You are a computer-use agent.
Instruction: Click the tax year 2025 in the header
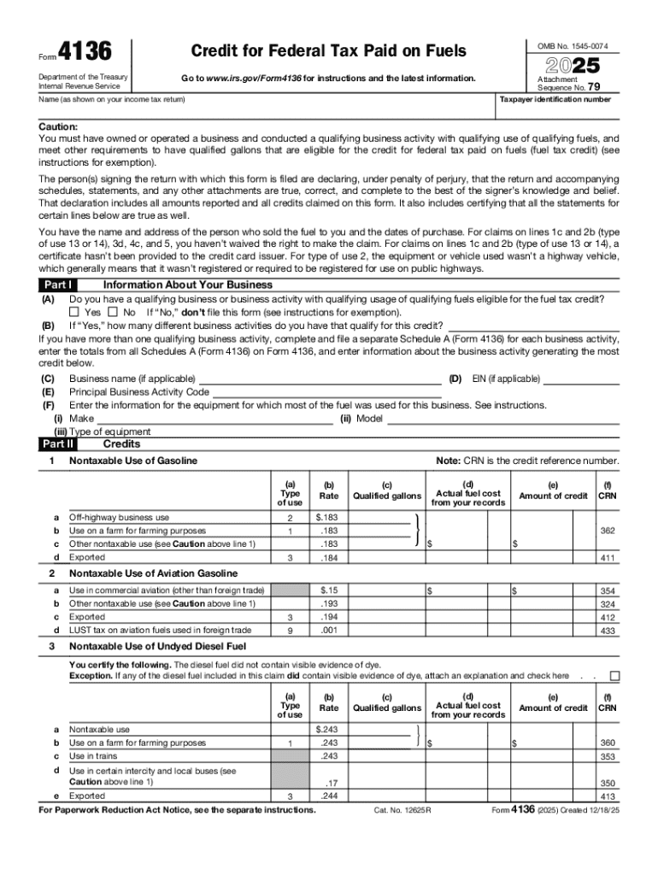click(567, 66)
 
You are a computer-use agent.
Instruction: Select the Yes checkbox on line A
click(73, 313)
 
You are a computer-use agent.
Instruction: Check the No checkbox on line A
click(114, 313)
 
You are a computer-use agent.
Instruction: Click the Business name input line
click(320, 379)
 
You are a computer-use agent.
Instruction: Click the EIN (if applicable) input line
click(582, 379)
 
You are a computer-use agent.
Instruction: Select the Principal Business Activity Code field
click(326, 392)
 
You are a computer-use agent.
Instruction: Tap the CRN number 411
click(608, 558)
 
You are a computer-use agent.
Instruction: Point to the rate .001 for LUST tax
click(328, 631)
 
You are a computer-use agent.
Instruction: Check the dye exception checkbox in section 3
click(614, 676)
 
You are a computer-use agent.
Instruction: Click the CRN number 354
click(608, 591)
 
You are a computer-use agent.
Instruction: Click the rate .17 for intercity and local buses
click(328, 783)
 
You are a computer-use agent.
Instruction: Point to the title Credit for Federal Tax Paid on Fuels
click(329, 52)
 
